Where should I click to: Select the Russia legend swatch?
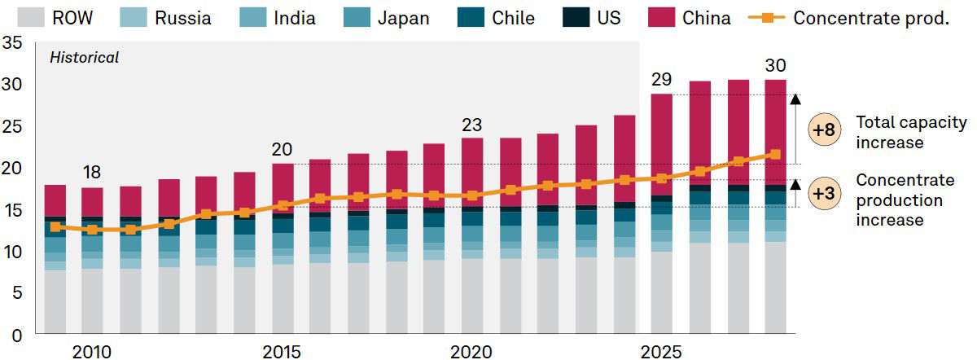[136, 18]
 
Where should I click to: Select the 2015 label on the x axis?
[282, 352]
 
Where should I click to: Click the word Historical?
[85, 58]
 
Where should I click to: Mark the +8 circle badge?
[825, 130]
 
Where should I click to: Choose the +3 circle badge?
[825, 193]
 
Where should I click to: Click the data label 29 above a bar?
[661, 80]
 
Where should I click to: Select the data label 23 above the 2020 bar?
[471, 125]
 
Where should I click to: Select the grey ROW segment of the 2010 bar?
[93, 301]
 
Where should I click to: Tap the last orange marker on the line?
[775, 154]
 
